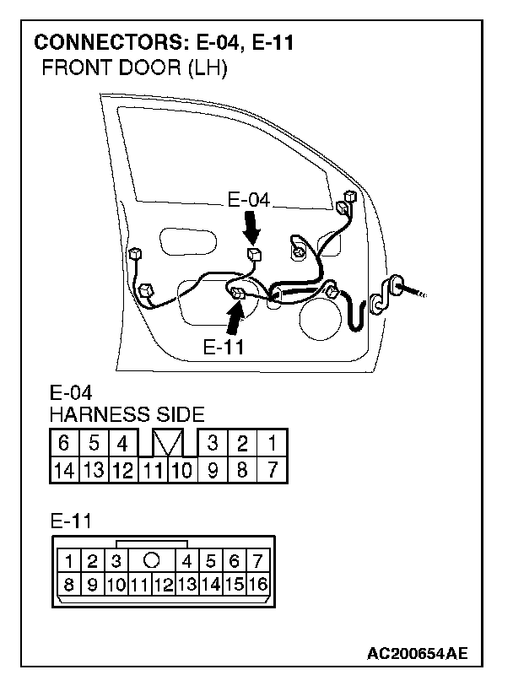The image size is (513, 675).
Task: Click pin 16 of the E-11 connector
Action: coord(257,583)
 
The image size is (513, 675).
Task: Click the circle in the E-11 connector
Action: coord(152,559)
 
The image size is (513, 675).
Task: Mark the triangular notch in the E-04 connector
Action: coord(166,442)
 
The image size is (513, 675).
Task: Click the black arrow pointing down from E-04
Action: coord(251,225)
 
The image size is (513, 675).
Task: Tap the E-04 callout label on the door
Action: coord(249,201)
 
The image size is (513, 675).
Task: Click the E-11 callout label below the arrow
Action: coord(224,347)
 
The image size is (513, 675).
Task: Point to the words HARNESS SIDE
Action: coord(127,414)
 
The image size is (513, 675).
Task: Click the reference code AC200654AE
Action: coord(418,652)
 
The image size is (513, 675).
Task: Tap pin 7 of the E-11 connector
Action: coord(257,560)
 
